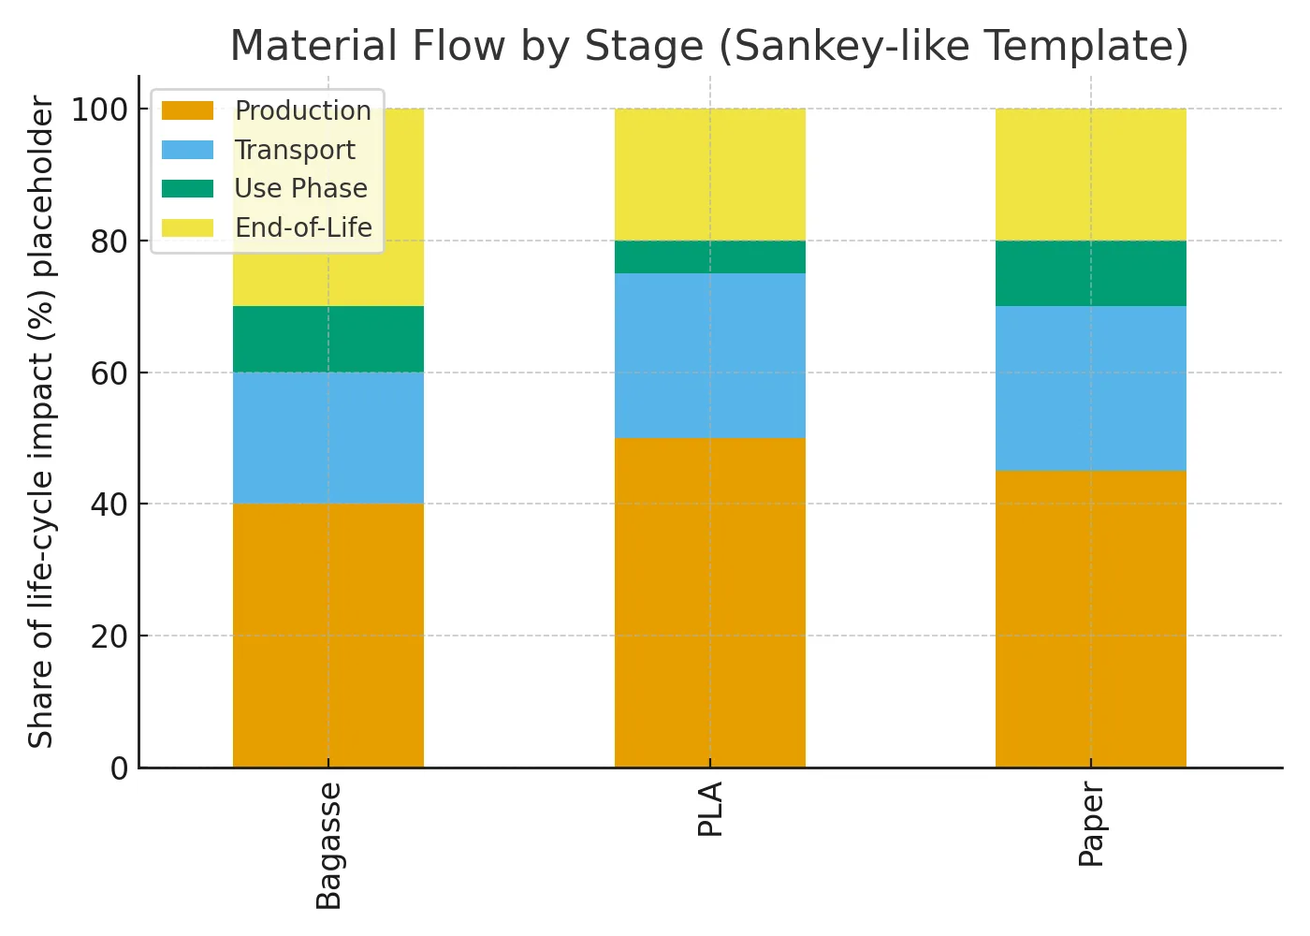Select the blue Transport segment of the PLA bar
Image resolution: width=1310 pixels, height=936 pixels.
click(x=709, y=356)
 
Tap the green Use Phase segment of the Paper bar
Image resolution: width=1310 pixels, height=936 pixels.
click(x=1090, y=273)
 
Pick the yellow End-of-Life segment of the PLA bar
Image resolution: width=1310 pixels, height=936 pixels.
click(x=709, y=174)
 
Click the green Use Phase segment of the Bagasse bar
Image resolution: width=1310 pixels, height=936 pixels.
click(x=327, y=339)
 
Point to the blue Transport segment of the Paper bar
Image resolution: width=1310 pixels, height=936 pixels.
click(x=1090, y=388)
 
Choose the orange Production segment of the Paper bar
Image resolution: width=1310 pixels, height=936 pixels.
click(x=1090, y=618)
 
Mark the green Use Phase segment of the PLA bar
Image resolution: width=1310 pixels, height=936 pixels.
click(x=709, y=256)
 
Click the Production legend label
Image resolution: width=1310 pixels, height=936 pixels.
click(x=302, y=110)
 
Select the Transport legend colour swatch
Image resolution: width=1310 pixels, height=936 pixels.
click(x=187, y=150)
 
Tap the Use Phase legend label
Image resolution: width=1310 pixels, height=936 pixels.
click(x=300, y=188)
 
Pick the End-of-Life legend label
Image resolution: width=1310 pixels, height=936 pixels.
click(x=303, y=227)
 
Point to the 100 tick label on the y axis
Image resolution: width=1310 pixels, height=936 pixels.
click(x=100, y=110)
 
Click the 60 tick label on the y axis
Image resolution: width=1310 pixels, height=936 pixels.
click(x=109, y=373)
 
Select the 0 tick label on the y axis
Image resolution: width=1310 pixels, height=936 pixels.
click(x=119, y=768)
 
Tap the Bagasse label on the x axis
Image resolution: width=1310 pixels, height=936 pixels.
click(x=328, y=845)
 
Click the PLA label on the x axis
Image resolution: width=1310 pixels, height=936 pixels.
click(x=710, y=809)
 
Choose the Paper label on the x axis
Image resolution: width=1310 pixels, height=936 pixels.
click(x=1091, y=826)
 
